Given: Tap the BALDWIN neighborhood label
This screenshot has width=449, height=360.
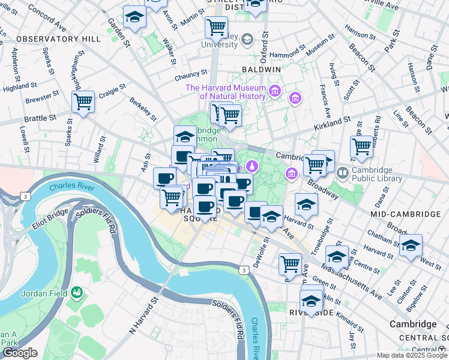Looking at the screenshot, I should (261, 70).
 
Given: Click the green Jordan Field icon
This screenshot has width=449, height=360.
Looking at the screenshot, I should (77, 293).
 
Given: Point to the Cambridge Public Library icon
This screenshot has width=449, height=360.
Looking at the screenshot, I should (342, 173).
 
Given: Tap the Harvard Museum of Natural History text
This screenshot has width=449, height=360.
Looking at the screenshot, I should (226, 92).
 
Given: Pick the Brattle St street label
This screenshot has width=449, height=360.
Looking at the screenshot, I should (40, 119).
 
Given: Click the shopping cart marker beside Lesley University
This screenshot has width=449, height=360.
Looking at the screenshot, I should (215, 26).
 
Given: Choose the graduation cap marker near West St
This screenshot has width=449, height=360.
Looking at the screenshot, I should (411, 245).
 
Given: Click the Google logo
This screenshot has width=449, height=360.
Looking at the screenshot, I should (20, 353).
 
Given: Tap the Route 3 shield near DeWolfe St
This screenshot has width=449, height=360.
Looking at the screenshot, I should (244, 271).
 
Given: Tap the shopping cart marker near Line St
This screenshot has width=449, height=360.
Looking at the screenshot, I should (361, 146).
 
